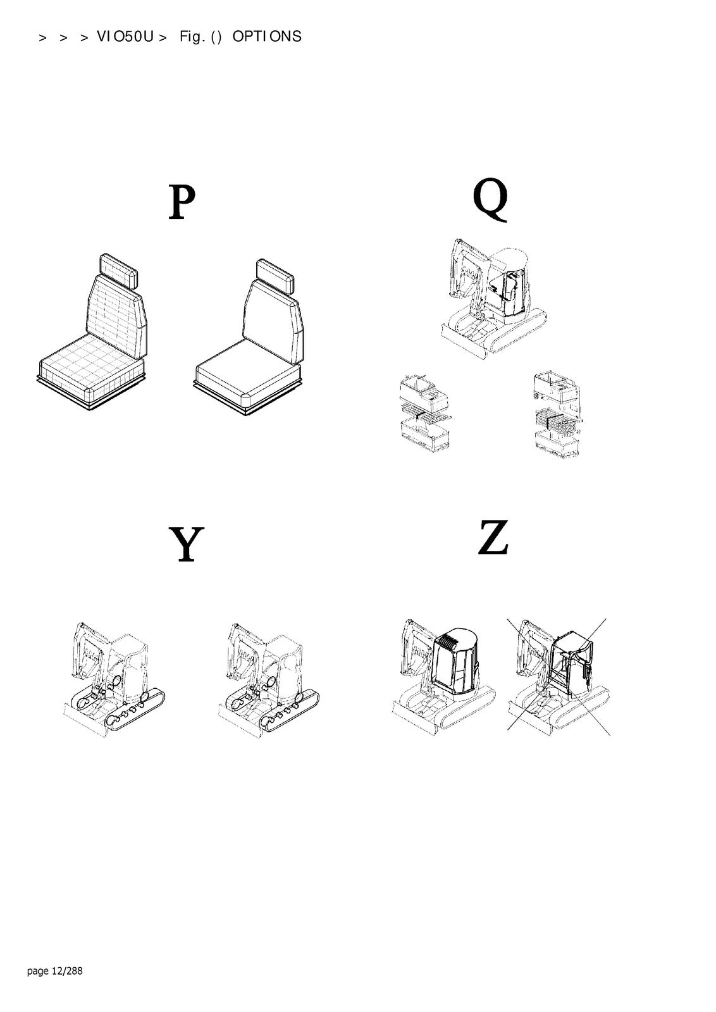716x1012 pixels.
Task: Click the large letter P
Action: pos(182,202)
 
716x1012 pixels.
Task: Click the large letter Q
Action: pos(491,199)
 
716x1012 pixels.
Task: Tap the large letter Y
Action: pos(186,544)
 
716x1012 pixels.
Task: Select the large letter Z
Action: pos(494,537)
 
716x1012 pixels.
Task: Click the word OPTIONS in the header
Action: pos(266,37)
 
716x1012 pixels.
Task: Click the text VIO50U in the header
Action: pos(125,37)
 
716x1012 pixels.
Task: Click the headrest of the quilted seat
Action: pos(118,270)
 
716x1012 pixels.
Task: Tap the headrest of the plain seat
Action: pos(275,276)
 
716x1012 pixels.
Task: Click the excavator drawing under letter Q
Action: pos(493,298)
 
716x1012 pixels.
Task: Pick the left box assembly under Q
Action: pos(424,412)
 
